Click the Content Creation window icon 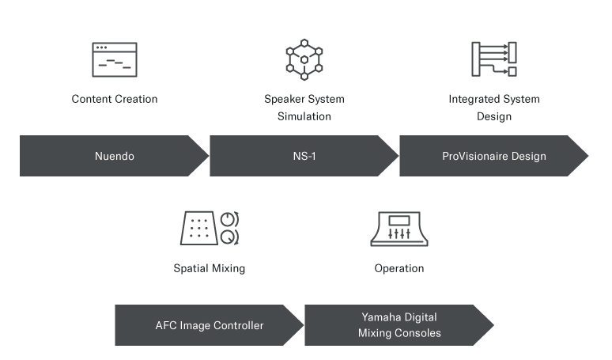[x=115, y=59]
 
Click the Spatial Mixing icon [x=210, y=228]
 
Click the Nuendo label [x=115, y=156]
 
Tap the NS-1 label [x=304, y=156]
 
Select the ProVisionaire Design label [x=494, y=156]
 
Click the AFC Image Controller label [x=210, y=325]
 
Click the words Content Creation [x=115, y=99]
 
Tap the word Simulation [x=304, y=116]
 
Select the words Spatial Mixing [x=210, y=268]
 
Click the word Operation [x=399, y=268]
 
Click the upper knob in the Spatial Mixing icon [x=230, y=219]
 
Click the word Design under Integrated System [x=494, y=116]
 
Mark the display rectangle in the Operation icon [x=399, y=221]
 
